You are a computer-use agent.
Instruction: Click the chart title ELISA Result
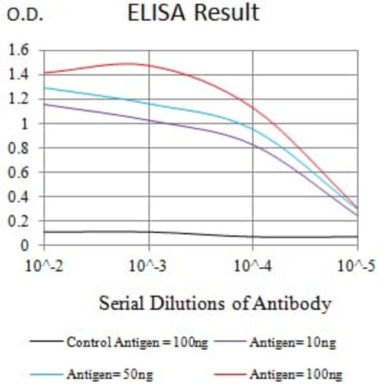tap(193, 13)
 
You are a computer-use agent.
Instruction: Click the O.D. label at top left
tap(25, 16)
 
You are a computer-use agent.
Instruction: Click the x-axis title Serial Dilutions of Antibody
tap(214, 304)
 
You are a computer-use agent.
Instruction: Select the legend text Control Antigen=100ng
tap(136, 342)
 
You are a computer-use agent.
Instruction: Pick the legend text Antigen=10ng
tap(292, 342)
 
